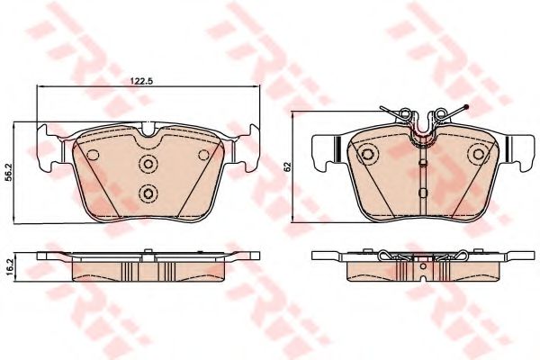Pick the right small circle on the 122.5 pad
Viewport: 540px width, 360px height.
coord(202,155)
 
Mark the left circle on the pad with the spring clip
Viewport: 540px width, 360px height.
coord(368,156)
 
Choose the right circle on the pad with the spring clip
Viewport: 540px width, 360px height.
coord(479,156)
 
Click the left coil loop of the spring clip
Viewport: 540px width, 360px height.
coord(407,115)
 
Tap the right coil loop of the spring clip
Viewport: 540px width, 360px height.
coord(441,115)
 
